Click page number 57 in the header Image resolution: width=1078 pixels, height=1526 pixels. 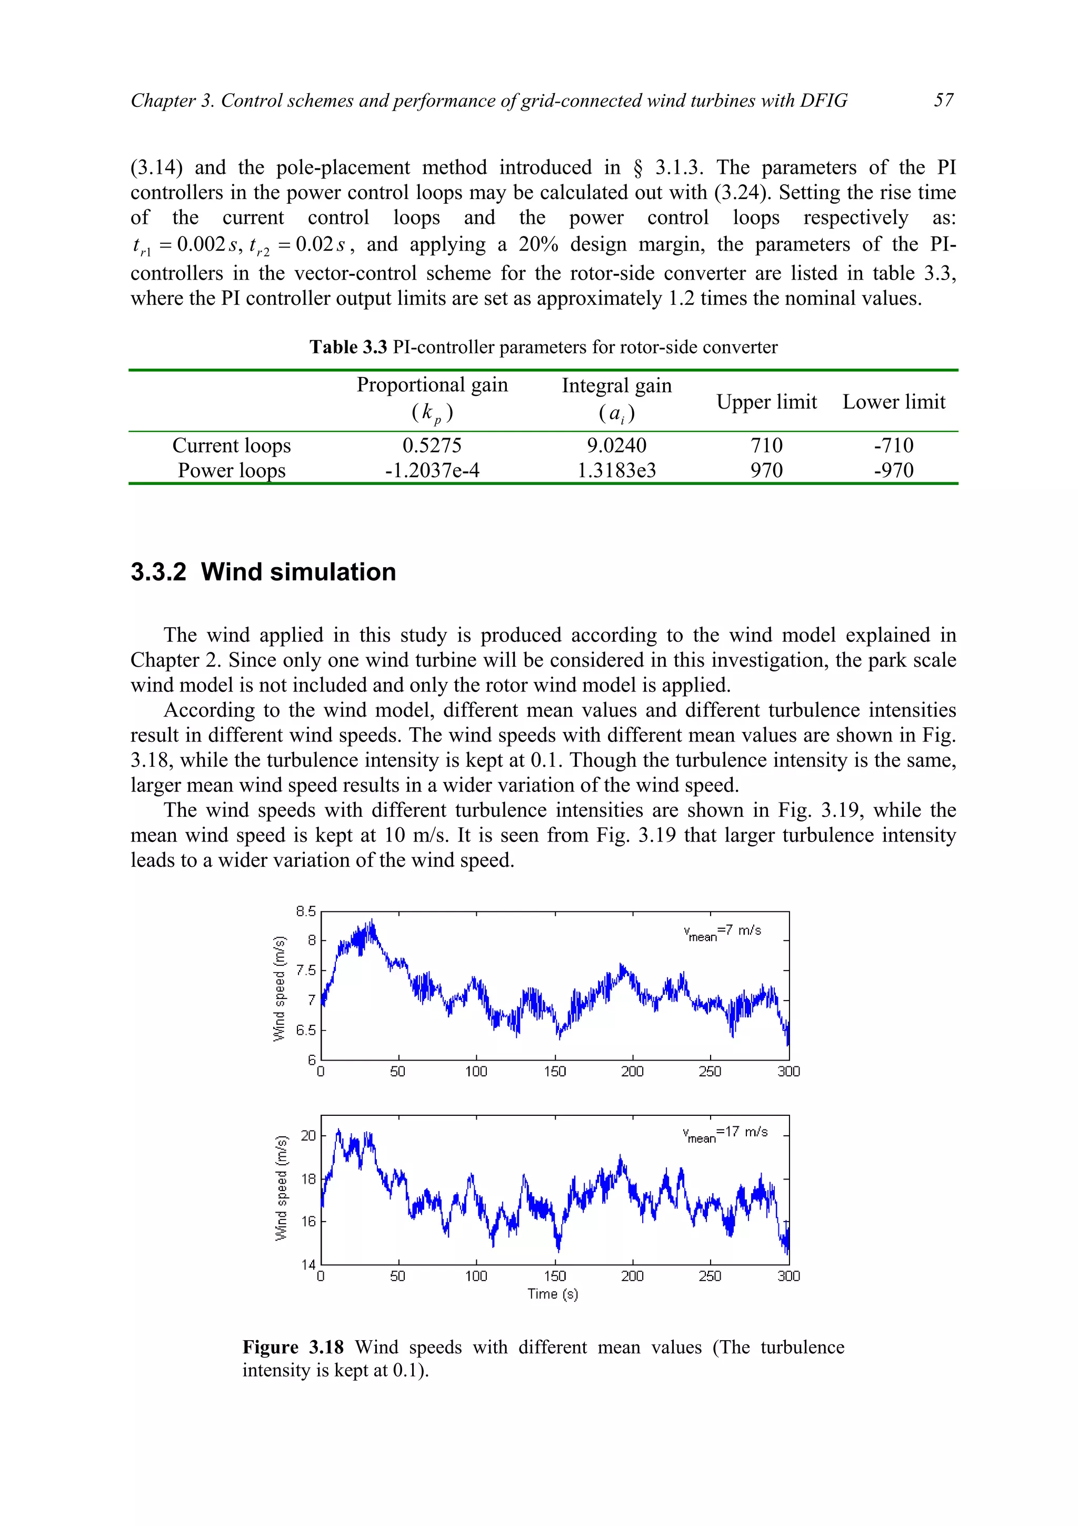[943, 101]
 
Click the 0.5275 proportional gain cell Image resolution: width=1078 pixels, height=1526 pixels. [432, 445]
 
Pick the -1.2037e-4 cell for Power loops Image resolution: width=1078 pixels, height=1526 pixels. [432, 471]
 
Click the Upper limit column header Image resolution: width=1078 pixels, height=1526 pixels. [766, 402]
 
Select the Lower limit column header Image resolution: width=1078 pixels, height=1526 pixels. [893, 402]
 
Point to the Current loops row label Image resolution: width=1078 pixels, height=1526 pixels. [231, 445]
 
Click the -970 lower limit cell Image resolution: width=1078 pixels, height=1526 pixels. [893, 471]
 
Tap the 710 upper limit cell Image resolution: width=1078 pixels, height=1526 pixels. [766, 445]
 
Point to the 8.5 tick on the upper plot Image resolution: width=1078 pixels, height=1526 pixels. [306, 911]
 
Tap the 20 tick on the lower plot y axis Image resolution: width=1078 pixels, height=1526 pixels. [308, 1135]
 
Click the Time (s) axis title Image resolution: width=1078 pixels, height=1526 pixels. [553, 1293]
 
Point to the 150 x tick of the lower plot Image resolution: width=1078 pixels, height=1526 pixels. [555, 1275]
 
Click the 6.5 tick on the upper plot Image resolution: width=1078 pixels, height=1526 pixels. [306, 1030]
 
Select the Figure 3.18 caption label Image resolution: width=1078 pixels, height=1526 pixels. [293, 1347]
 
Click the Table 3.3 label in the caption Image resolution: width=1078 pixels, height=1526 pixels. [348, 347]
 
